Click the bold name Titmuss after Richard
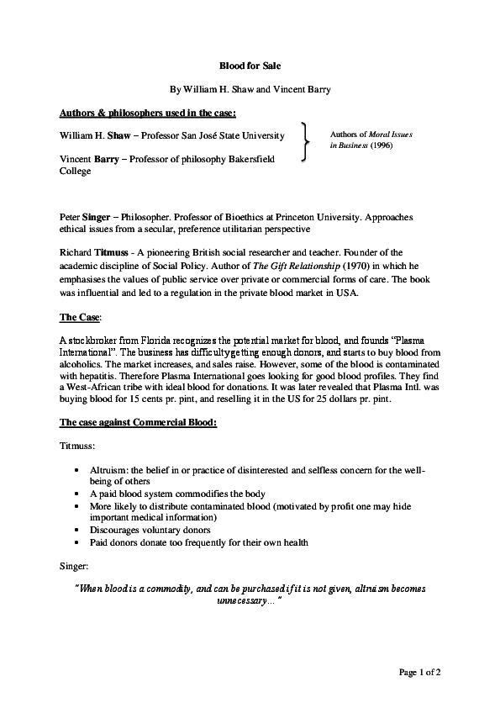[110, 251]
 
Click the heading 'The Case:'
[81, 317]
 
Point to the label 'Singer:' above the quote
[74, 566]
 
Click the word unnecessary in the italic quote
[244, 602]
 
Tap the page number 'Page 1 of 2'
[419, 673]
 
